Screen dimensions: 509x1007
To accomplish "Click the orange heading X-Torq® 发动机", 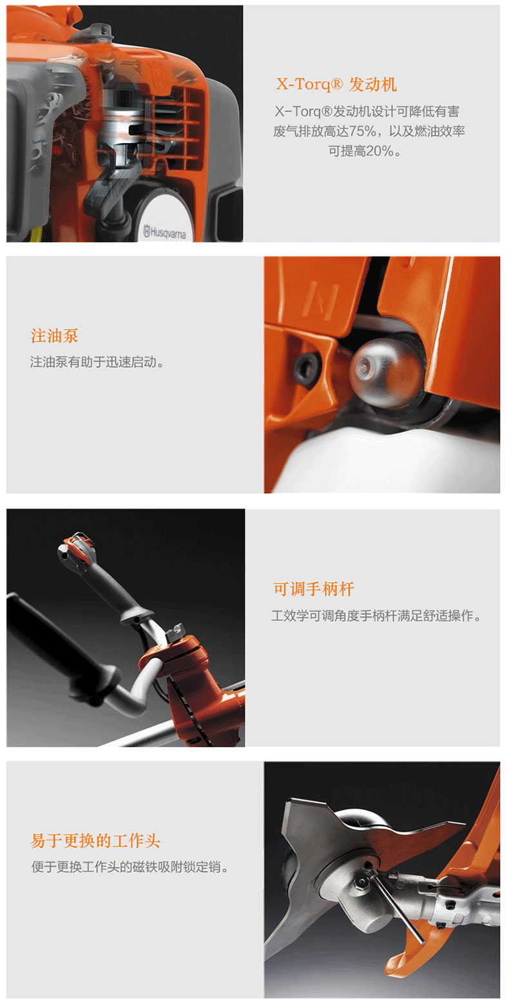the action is pos(336,84).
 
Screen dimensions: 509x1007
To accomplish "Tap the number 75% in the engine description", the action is pos(362,131).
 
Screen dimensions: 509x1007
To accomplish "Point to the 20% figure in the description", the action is pos(380,151).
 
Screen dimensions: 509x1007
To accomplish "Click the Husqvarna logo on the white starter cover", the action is pos(164,232).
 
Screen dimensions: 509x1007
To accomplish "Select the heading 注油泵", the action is pos(55,336).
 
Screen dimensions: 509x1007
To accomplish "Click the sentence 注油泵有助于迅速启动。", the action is pos(97,362).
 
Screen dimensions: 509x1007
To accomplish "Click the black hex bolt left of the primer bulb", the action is pos(307,367).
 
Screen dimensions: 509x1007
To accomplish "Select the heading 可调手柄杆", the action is pos(313,589).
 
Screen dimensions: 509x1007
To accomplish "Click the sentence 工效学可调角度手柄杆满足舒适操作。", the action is pos(376,616).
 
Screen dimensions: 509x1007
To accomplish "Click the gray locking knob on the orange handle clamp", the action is pos(177,631).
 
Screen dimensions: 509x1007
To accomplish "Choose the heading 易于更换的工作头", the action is pos(95,841).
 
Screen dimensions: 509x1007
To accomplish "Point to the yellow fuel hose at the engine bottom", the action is pos(37,233).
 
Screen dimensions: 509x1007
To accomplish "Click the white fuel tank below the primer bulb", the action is pos(387,463).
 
